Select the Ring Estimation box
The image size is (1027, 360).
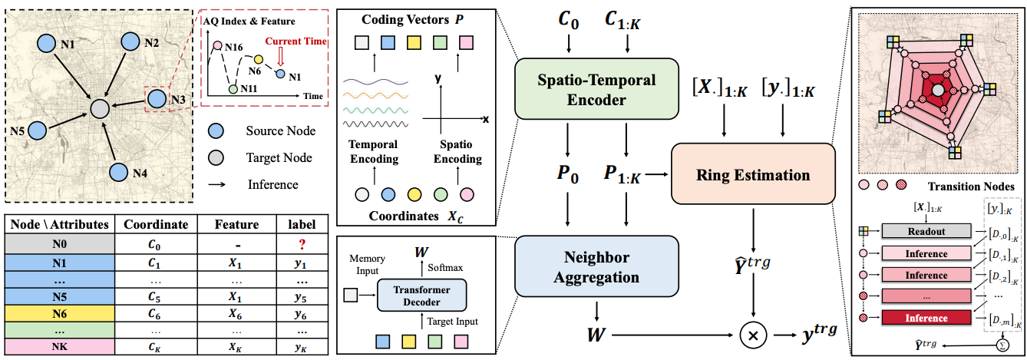[752, 175]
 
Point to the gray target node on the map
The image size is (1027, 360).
[99, 109]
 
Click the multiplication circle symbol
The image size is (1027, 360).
[752, 335]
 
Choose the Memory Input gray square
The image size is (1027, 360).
[352, 294]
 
